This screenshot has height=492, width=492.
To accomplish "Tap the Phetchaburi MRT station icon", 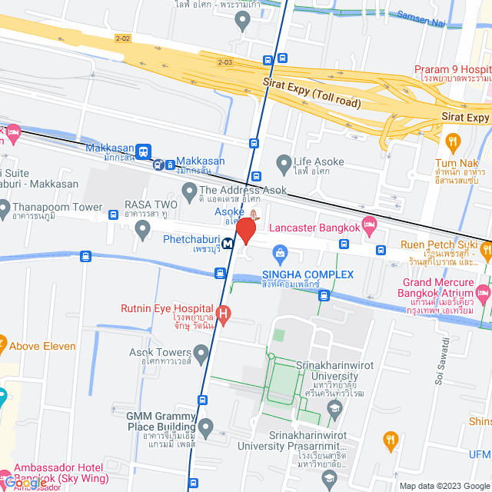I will click(228, 244).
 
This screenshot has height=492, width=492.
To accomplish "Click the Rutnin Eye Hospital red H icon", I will click(224, 313).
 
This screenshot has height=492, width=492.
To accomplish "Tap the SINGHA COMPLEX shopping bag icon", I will click(281, 252).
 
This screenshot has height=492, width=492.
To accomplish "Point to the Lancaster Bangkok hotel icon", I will click(370, 225).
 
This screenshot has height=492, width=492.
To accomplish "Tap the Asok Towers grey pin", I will click(201, 354).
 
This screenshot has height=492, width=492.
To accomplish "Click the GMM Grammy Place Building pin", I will click(205, 426).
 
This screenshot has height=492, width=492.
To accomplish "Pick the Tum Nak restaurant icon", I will click(453, 141).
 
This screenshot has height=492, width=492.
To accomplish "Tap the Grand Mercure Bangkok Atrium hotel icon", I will click(483, 293).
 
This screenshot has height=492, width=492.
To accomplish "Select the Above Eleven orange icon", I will click(2, 344).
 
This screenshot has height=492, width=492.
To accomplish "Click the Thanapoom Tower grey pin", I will click(4, 207).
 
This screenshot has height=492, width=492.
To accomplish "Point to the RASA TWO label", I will click(151, 204).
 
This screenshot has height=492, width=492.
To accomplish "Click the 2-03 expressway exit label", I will click(224, 62).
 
